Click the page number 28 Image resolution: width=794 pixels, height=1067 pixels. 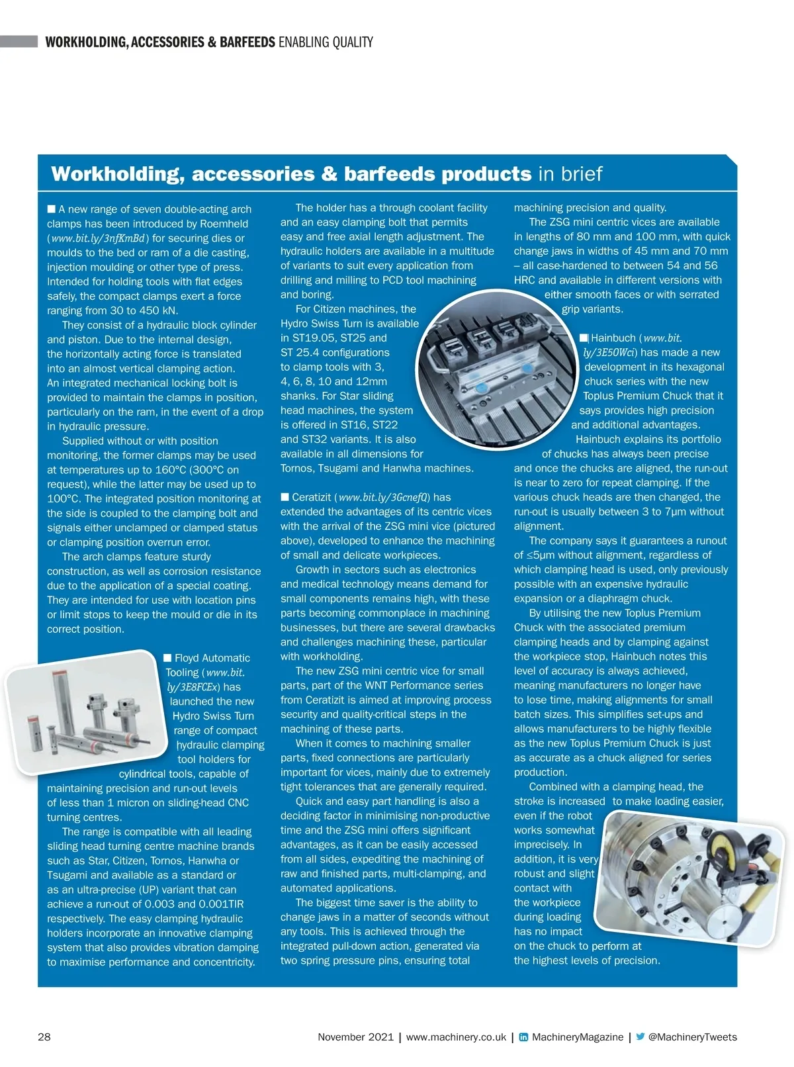coord(44,1037)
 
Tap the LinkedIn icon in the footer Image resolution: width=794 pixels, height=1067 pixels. coord(523,1037)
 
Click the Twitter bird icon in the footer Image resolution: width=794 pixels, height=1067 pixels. coord(640,1037)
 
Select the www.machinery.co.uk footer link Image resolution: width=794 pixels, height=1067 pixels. coord(456,1037)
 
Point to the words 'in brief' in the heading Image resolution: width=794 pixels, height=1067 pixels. coord(570,174)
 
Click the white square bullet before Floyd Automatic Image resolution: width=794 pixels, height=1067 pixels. coord(167,657)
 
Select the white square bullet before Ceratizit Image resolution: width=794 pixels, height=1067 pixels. coord(285,497)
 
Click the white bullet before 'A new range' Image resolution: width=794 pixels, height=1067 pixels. coord(52,209)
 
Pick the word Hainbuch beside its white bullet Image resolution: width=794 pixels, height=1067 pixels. coord(613,338)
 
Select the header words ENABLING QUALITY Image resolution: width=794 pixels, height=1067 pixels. coord(326,42)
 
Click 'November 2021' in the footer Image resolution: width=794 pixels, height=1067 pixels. coord(355,1037)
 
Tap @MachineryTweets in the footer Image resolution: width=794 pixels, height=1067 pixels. coord(692,1037)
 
